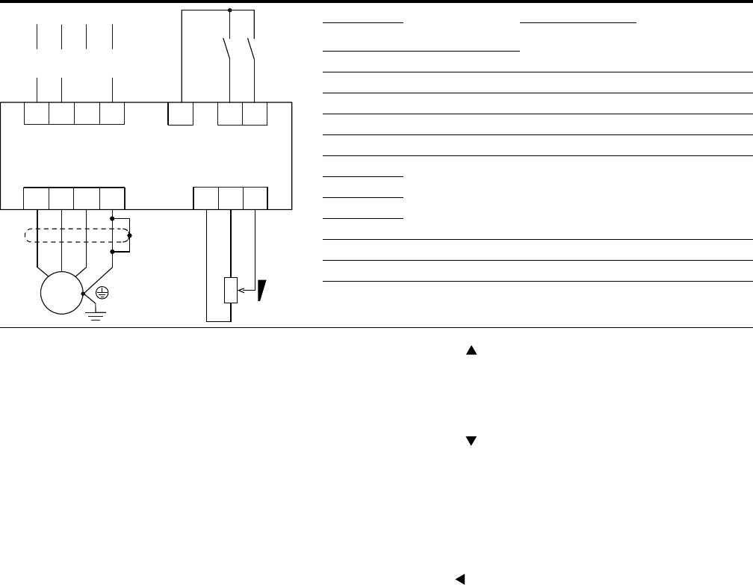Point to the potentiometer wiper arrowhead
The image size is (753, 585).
point(241,291)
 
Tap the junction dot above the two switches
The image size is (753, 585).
point(230,10)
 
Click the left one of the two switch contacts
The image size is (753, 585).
point(227,51)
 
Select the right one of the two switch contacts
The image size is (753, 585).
point(251,51)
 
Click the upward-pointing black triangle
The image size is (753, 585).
point(471,349)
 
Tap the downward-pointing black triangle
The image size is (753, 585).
point(471,442)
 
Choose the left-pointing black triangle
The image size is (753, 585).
point(461,578)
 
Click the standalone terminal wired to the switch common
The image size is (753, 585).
point(180,113)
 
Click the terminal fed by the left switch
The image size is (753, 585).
point(229,113)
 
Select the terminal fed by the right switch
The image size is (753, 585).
point(255,113)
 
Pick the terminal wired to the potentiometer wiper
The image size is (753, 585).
point(255,198)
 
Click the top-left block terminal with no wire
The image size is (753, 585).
point(87,113)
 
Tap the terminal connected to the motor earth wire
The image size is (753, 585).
point(112,198)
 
